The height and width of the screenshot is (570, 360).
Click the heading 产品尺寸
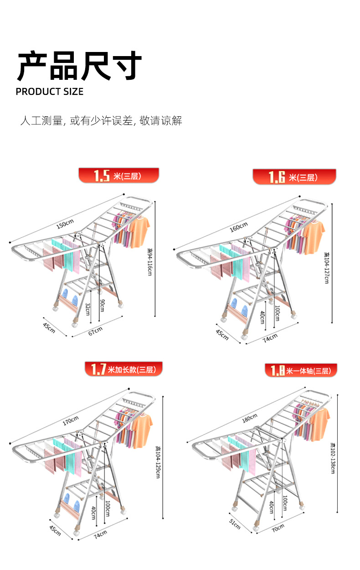(x=79, y=66)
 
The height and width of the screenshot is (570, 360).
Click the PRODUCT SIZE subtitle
(x=50, y=92)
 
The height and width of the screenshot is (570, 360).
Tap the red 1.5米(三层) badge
(x=119, y=176)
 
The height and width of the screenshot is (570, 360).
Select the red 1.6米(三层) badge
(x=294, y=177)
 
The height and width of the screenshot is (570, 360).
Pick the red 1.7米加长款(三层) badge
(x=123, y=369)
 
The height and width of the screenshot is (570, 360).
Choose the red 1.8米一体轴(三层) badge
(x=301, y=371)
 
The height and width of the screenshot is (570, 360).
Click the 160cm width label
(x=238, y=226)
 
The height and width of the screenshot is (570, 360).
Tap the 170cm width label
(x=70, y=420)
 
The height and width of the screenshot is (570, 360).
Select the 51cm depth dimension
(x=235, y=525)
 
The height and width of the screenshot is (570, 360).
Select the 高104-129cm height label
(x=158, y=461)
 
